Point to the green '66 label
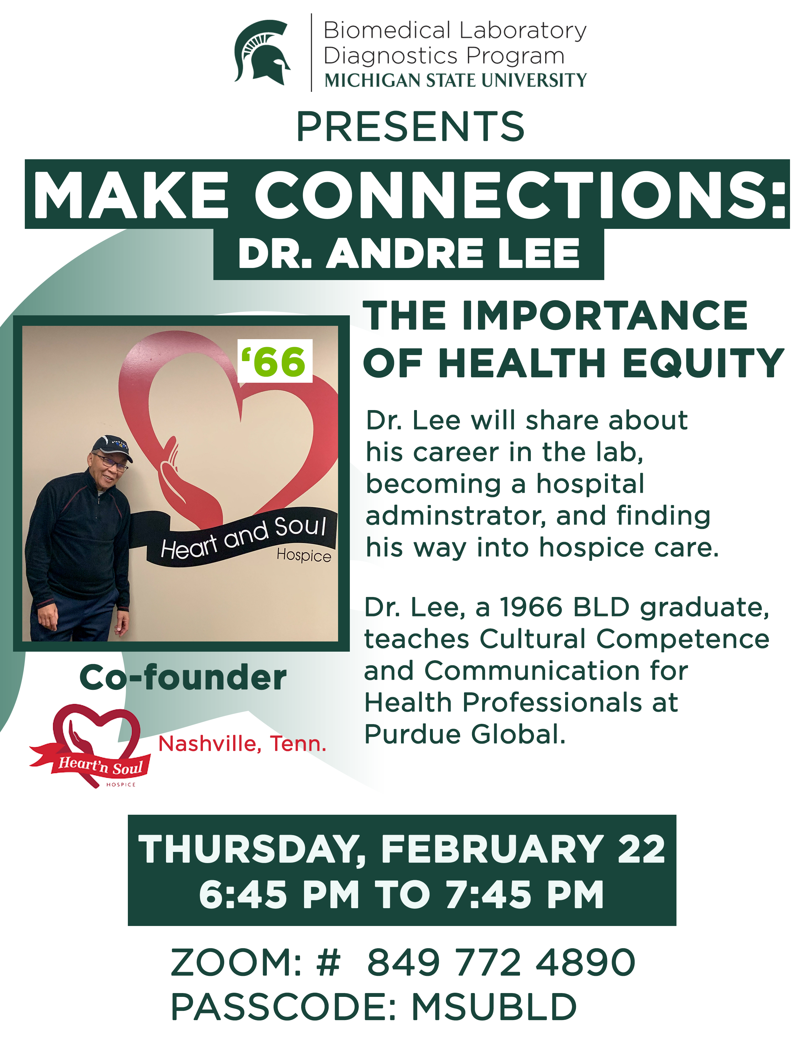pos(274,361)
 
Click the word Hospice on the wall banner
pos(304,555)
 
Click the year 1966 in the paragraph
pos(531,607)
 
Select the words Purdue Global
pos(465,734)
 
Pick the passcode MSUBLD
pos(494,1007)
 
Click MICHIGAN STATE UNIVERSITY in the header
pos(455,80)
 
